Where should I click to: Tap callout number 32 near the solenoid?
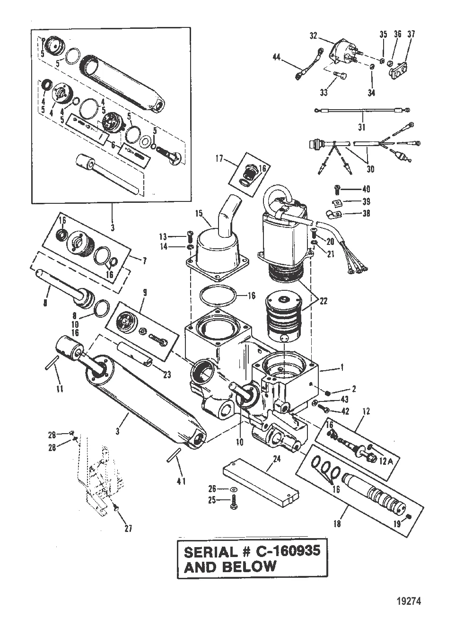(x=313, y=35)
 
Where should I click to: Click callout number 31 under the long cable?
(x=362, y=127)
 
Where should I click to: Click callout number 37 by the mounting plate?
(x=411, y=34)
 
